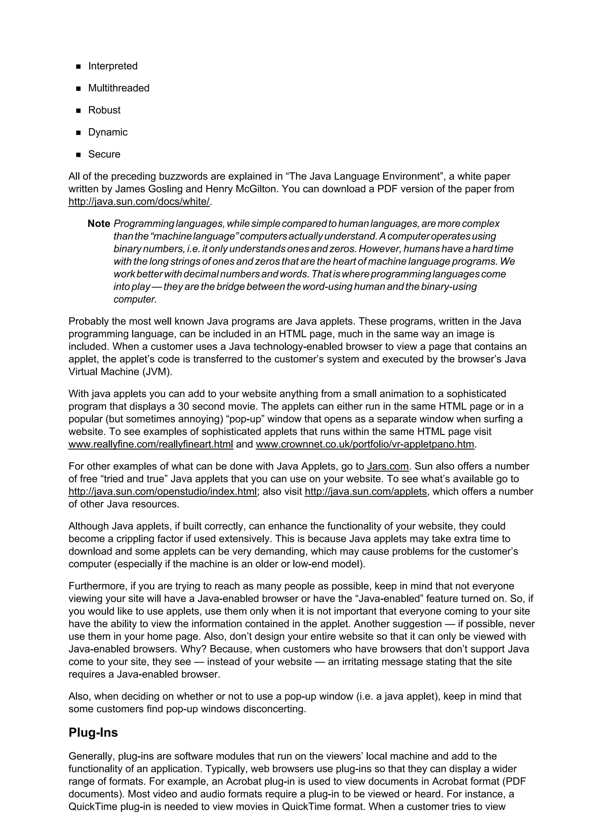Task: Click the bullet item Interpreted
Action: tap(113, 66)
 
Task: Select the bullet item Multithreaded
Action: tap(118, 88)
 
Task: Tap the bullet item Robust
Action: tap(104, 110)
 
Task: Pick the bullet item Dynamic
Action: tap(108, 132)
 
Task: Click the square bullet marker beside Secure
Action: tap(78, 155)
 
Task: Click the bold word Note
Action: tap(99, 224)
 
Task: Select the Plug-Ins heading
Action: tap(93, 732)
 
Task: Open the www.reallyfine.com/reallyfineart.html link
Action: tap(151, 444)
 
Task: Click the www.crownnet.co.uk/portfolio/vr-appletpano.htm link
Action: tap(365, 444)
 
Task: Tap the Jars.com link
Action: tap(388, 466)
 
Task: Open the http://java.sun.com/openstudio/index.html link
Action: tap(162, 492)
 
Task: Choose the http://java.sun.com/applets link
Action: tap(366, 492)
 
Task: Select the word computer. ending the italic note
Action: tap(135, 299)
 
